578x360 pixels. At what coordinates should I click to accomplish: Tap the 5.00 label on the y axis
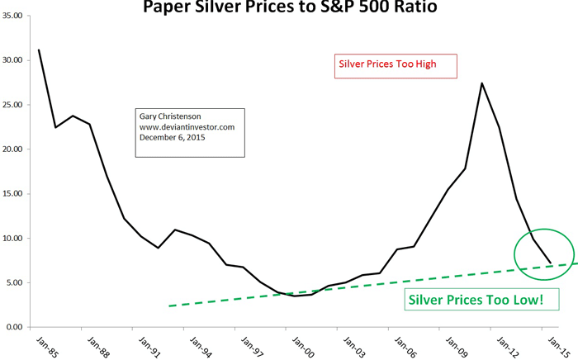pyautogui.click(x=15, y=283)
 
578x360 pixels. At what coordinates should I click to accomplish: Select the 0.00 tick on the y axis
pyautogui.click(x=15, y=328)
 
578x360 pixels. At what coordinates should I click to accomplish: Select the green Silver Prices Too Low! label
pyautogui.click(x=476, y=299)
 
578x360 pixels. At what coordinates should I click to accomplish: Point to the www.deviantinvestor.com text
pyautogui.click(x=187, y=128)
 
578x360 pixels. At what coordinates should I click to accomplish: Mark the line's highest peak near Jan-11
pyautogui.click(x=481, y=83)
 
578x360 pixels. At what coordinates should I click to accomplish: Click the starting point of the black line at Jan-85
pyautogui.click(x=39, y=50)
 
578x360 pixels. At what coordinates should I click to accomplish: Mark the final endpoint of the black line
pyautogui.click(x=551, y=263)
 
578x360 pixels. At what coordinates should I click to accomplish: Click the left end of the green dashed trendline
pyautogui.click(x=168, y=306)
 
